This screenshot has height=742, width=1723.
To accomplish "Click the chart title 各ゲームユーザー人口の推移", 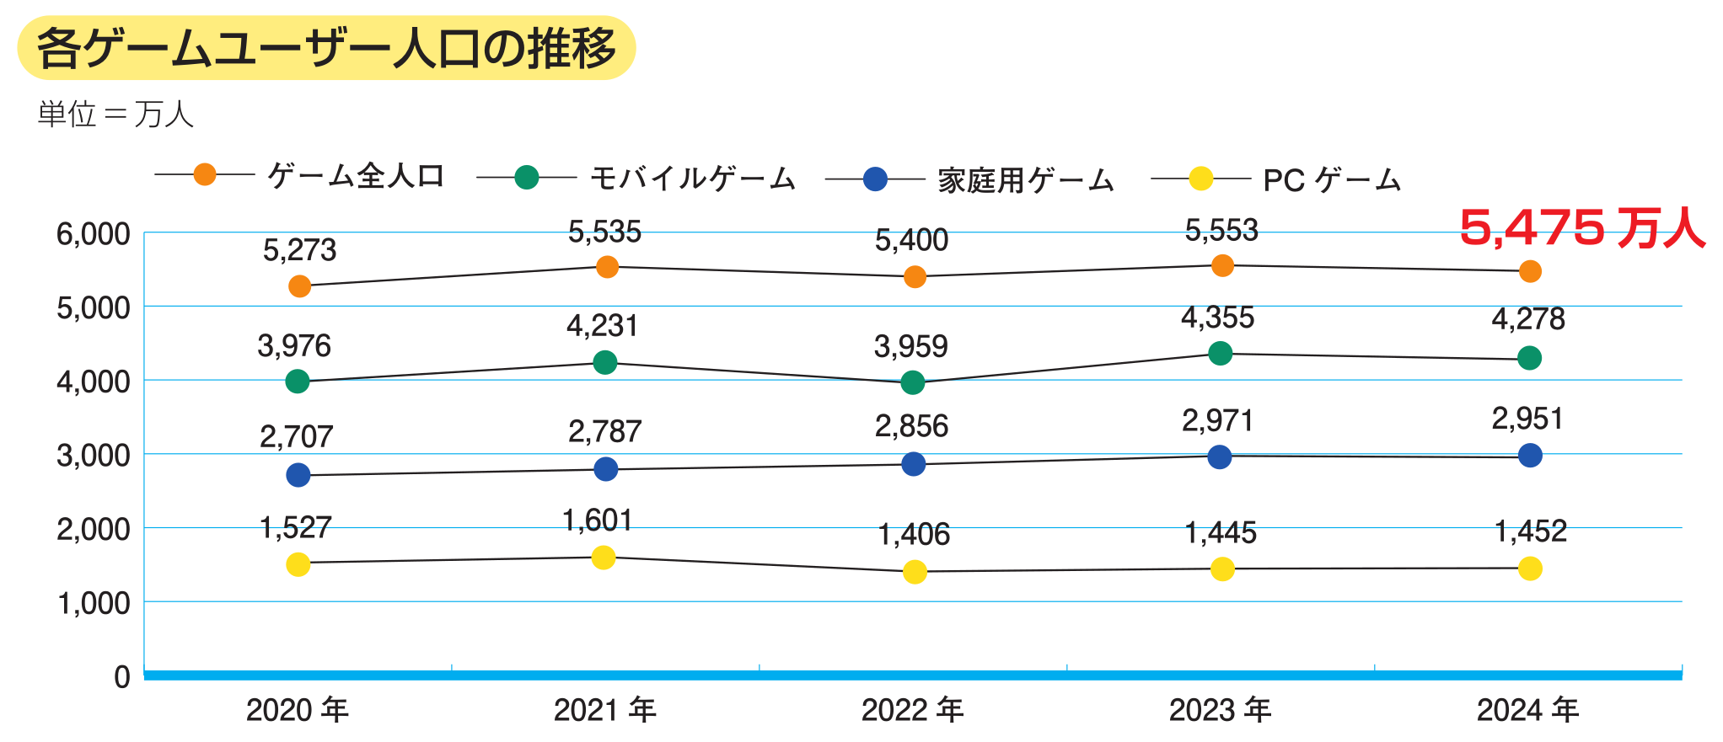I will click(326, 48).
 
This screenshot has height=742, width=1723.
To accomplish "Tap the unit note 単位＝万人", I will click(115, 114).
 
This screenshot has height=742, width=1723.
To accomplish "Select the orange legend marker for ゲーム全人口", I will click(205, 174).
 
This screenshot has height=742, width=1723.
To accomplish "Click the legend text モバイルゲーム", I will click(692, 179).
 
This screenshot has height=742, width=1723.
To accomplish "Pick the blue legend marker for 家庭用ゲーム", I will click(875, 179).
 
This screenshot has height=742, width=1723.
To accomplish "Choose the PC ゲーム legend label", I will click(1331, 180).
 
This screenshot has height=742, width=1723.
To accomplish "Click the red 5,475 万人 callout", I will click(1581, 228).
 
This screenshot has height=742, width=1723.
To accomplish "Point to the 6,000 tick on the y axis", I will click(94, 234).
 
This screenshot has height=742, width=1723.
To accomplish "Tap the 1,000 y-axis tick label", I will click(94, 603).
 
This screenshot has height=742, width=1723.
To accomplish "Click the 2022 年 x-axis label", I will click(913, 710).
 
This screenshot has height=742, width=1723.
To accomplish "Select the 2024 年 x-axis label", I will click(1527, 710).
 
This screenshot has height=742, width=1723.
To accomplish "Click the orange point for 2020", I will click(299, 286).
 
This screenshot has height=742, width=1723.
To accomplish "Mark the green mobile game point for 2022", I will click(912, 383).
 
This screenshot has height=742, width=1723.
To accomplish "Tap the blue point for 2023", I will click(1219, 457).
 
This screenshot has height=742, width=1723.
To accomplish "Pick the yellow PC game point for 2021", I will click(604, 558).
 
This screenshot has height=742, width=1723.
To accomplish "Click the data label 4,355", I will click(1217, 318).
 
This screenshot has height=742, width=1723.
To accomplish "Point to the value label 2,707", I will click(296, 436).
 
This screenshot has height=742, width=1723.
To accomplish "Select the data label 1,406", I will click(914, 534).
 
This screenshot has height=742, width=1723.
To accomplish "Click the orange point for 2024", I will click(1530, 271).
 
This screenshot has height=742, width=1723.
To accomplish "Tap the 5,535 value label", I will click(604, 232).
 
